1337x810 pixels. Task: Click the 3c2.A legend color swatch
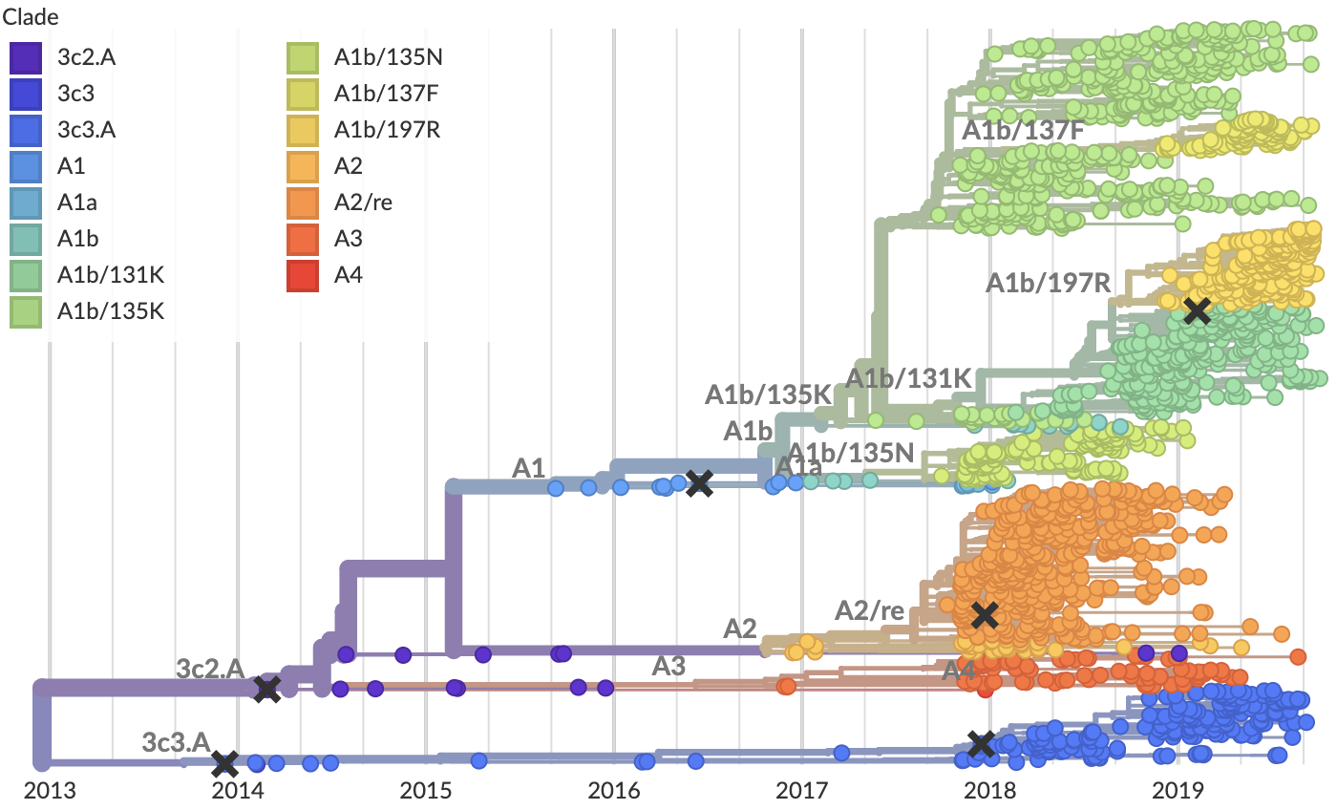pos(25,57)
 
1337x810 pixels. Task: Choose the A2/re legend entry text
pos(363,202)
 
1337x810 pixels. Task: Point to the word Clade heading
pos(29,16)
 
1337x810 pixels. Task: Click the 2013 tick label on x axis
pos(43,792)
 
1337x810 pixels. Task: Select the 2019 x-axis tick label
pos(1177,792)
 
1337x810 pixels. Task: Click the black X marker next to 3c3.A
pos(224,763)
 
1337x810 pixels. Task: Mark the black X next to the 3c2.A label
pos(266,689)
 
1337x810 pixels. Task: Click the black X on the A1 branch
pos(699,483)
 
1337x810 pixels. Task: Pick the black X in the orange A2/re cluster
pos(984,615)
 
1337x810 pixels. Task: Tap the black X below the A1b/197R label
pos(1197,310)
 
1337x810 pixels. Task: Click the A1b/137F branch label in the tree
pos(1022,131)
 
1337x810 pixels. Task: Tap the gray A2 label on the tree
pos(739,628)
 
